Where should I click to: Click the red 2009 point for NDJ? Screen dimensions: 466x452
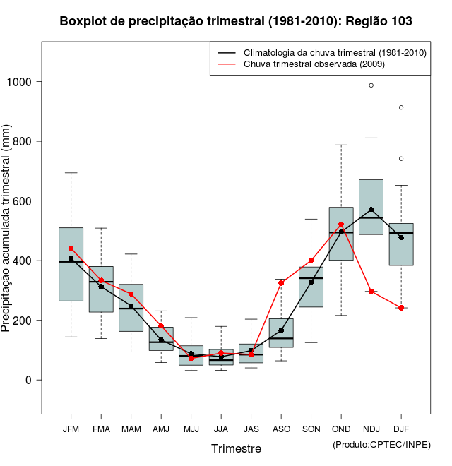(x=371, y=291)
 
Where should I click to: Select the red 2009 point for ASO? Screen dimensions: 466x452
(x=281, y=283)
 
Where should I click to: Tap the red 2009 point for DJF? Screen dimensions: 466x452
(x=401, y=308)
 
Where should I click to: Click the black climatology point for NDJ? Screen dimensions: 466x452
(x=371, y=210)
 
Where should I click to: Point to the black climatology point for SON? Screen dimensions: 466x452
(x=311, y=282)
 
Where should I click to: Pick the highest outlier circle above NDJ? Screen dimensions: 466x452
(x=371, y=85)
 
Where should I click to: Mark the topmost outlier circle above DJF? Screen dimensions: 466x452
(x=401, y=107)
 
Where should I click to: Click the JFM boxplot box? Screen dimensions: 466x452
(x=71, y=264)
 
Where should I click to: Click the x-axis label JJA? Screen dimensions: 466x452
(x=221, y=429)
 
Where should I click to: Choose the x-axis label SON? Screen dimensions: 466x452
(x=311, y=429)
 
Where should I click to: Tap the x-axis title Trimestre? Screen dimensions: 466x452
(x=236, y=448)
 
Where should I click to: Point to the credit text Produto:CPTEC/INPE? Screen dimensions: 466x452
(x=381, y=444)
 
